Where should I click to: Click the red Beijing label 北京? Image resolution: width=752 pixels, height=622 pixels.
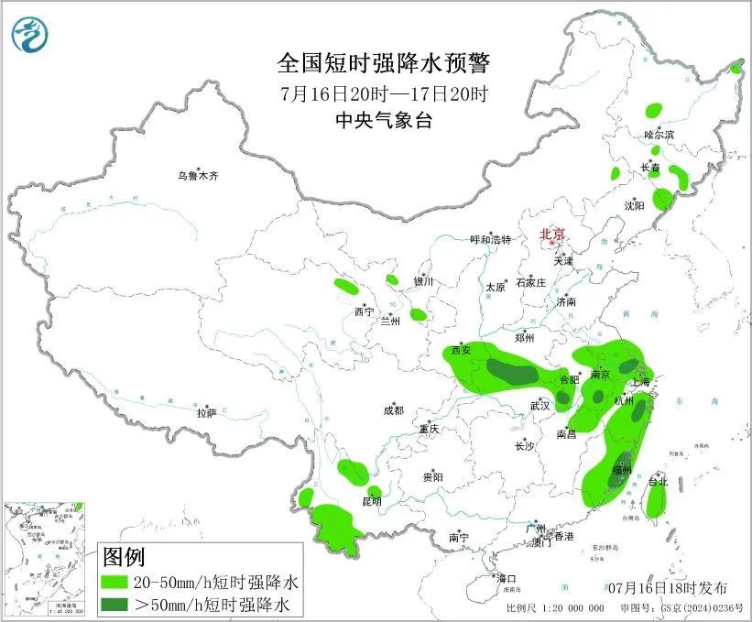(552, 234)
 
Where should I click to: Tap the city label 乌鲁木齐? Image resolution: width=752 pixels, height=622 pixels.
(199, 175)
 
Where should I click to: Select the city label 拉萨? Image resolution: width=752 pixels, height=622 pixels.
(206, 413)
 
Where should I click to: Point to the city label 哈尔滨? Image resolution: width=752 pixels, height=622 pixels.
(659, 135)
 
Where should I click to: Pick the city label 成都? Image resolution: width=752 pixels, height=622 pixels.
(393, 411)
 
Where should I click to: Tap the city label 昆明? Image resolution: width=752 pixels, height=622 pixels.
(372, 501)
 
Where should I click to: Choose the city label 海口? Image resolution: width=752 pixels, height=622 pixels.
(507, 578)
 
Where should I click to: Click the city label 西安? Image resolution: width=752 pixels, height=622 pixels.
(461, 350)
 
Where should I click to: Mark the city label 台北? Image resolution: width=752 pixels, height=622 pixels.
(658, 481)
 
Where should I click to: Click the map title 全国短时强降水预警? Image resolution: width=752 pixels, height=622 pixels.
(384, 63)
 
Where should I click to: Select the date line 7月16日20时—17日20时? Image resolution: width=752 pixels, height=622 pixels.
(384, 93)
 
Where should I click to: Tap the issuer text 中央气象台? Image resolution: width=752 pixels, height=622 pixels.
(384, 121)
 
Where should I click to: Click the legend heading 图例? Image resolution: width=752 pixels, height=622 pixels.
(124, 556)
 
